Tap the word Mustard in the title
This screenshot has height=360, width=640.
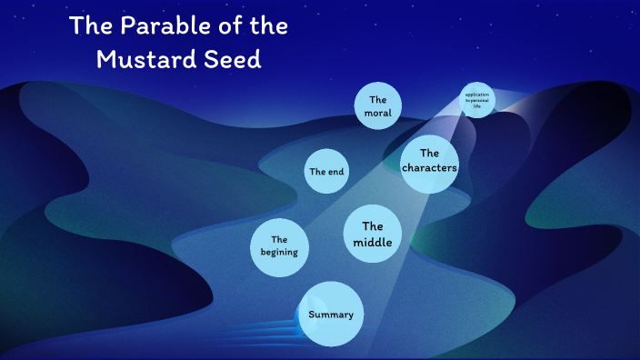click(x=143, y=60)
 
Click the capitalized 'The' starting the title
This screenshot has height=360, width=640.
click(x=90, y=27)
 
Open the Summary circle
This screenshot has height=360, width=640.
click(x=331, y=315)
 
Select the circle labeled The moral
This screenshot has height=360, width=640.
click(x=378, y=106)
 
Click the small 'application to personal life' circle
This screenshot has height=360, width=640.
click(x=476, y=100)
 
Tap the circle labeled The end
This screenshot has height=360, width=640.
click(x=326, y=171)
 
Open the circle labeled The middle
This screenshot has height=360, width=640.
click(x=373, y=235)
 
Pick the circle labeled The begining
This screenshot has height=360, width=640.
click(x=279, y=245)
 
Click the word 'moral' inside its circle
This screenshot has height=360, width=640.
click(x=378, y=114)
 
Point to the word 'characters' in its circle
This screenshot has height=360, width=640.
click(x=429, y=168)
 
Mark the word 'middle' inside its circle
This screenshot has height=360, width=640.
click(x=373, y=243)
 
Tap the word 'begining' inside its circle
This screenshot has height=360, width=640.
click(x=279, y=252)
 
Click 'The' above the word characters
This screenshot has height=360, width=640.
click(x=429, y=153)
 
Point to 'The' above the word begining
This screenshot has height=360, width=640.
click(x=279, y=238)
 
